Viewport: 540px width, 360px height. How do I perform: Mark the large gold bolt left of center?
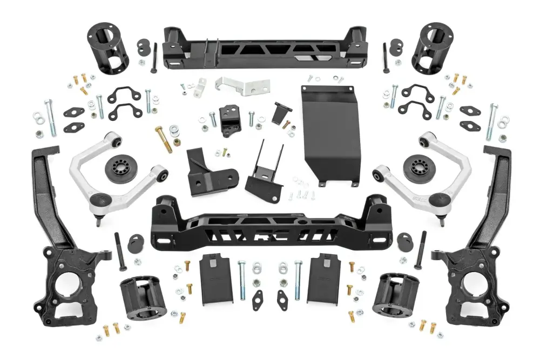(163, 138)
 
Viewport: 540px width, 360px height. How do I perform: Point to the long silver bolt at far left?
(51, 118)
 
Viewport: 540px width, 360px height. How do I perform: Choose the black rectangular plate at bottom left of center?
(217, 278)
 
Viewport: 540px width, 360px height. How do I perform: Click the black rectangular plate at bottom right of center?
(323, 278)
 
